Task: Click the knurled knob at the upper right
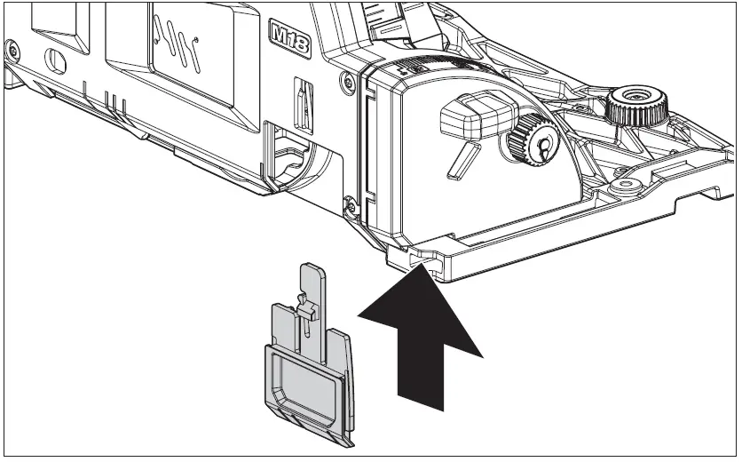click(x=636, y=106)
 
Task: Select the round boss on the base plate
click(x=630, y=186)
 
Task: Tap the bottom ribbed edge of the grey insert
click(x=312, y=425)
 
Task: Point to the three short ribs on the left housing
click(x=114, y=99)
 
